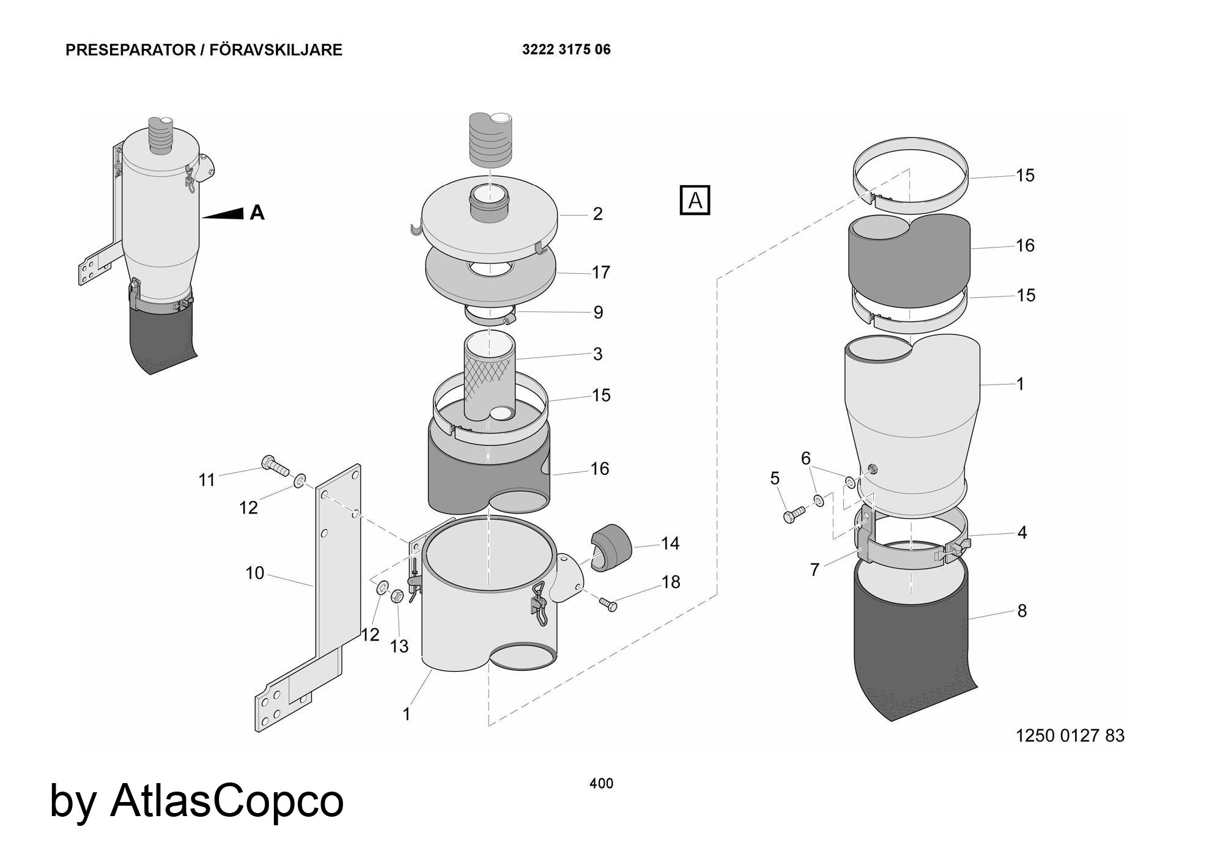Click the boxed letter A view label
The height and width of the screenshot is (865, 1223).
pyautogui.click(x=695, y=200)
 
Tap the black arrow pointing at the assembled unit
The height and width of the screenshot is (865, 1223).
pyautogui.click(x=224, y=213)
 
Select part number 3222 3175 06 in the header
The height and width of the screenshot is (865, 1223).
pyautogui.click(x=566, y=50)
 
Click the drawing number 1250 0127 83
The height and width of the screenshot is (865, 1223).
pyautogui.click(x=1070, y=735)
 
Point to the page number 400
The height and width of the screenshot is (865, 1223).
pyautogui.click(x=601, y=783)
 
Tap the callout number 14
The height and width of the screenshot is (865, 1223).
pyautogui.click(x=670, y=543)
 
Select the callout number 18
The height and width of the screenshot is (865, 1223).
pyautogui.click(x=671, y=582)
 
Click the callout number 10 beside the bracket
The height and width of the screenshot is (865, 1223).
pyautogui.click(x=254, y=573)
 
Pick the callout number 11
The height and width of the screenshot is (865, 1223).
pyautogui.click(x=207, y=480)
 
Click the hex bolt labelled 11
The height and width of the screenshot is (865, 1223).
pyautogui.click(x=275, y=466)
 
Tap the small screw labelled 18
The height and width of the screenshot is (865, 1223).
pyautogui.click(x=608, y=604)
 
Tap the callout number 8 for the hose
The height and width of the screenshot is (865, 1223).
pyautogui.click(x=1022, y=611)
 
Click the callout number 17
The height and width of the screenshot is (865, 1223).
pyautogui.click(x=600, y=272)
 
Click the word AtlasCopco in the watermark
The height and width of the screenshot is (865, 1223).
pyautogui.click(x=227, y=800)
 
